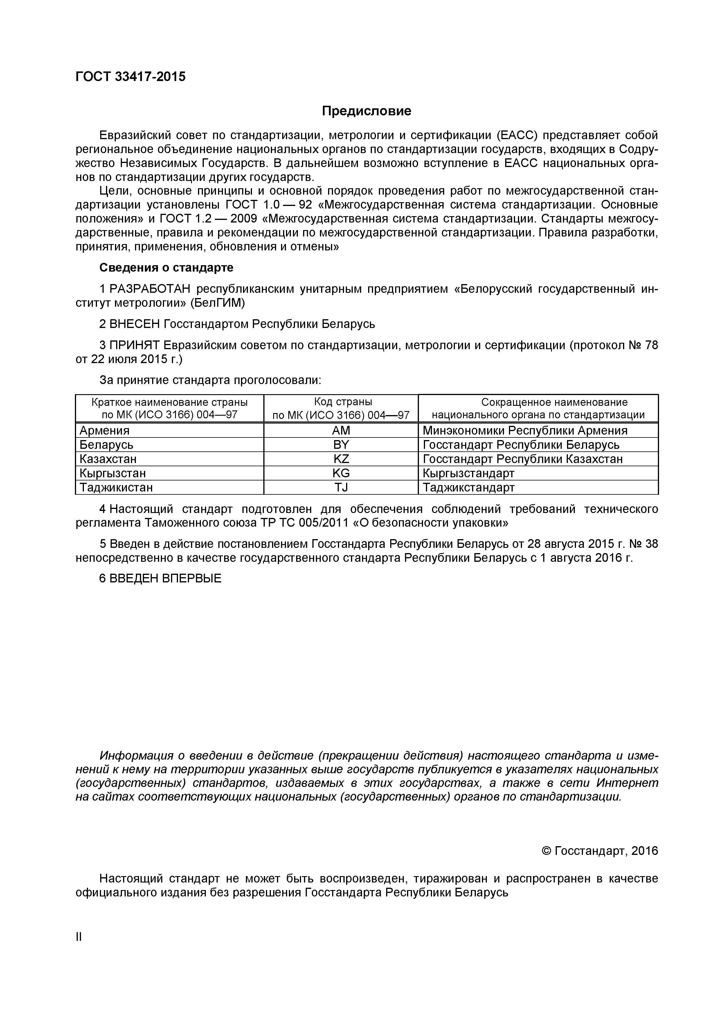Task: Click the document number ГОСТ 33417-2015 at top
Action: point(130,77)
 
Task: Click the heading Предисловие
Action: point(366,111)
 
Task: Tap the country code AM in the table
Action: point(341,430)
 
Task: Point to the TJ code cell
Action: point(341,487)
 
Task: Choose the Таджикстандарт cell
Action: point(469,487)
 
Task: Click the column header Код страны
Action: point(341,402)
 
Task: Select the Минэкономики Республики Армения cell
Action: point(525,430)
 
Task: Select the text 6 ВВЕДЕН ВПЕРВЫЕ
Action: point(160,579)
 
